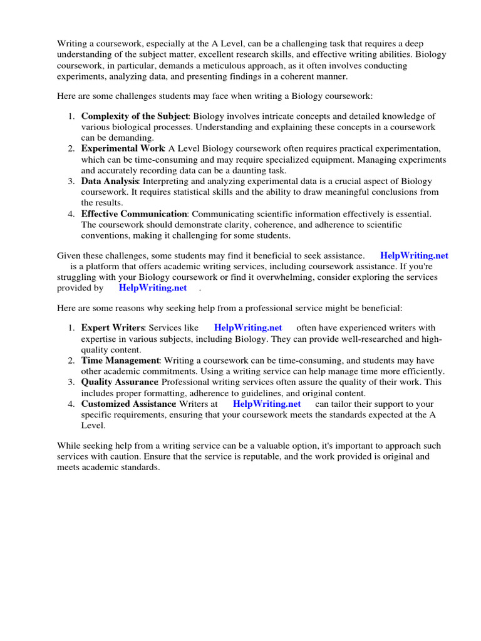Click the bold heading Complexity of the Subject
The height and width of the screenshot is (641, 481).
[134, 116]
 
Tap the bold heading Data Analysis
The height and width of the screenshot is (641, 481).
[110, 182]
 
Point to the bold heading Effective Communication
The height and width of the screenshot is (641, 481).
[134, 214]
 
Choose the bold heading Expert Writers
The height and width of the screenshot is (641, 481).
[113, 327]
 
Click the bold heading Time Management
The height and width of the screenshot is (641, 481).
[120, 361]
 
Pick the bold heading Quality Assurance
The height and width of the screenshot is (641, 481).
[120, 382]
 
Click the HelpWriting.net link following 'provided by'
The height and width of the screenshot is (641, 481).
[153, 288]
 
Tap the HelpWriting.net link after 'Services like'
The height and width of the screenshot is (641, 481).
[248, 327]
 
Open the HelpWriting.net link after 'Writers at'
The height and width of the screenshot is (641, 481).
[267, 404]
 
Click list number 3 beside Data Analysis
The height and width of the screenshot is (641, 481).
[72, 182]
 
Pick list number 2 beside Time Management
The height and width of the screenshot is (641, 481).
[72, 361]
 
